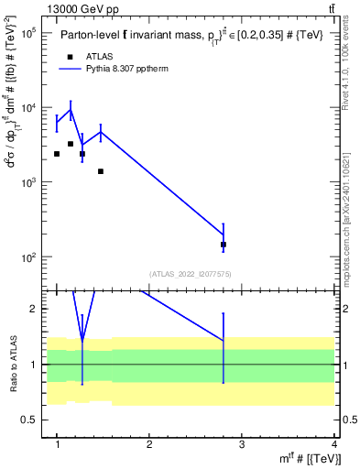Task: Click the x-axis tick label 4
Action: pyautogui.click(x=334, y=444)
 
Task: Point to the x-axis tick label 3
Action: pyautogui.click(x=242, y=444)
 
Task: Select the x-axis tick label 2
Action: pyautogui.click(x=149, y=444)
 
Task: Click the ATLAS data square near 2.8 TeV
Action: pyautogui.click(x=224, y=245)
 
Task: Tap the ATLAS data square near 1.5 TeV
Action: pyautogui.click(x=101, y=171)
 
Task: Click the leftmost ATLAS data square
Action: pyautogui.click(x=57, y=154)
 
